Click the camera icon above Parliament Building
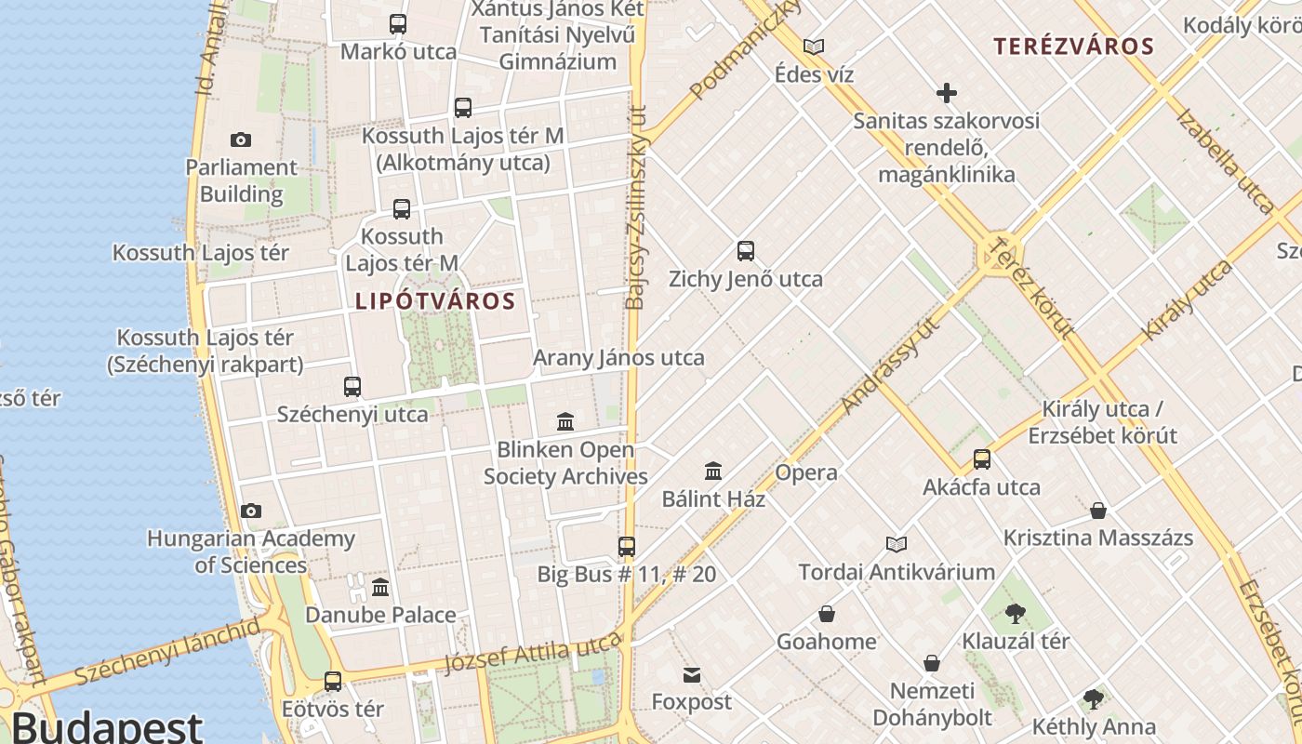pos(241,140)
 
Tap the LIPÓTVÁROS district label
pos(435,301)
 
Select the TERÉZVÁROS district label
pos(1073,46)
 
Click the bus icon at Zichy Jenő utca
pos(746,251)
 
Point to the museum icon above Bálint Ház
pos(713,472)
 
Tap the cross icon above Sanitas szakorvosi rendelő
pos(947,93)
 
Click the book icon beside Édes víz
pos(814,46)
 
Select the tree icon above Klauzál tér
pos(1015,614)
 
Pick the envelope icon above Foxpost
pos(692,675)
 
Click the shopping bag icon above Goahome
pos(826,615)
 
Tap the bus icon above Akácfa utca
pos(982,459)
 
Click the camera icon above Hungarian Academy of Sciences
pos(250,511)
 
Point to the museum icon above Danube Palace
pos(380,588)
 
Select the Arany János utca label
pos(618,358)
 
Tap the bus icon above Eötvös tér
pos(333,682)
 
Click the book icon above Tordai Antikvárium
pos(897,544)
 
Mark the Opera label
pos(806,472)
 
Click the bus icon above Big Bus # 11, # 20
pos(627,547)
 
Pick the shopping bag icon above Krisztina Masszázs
pos(1098,511)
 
